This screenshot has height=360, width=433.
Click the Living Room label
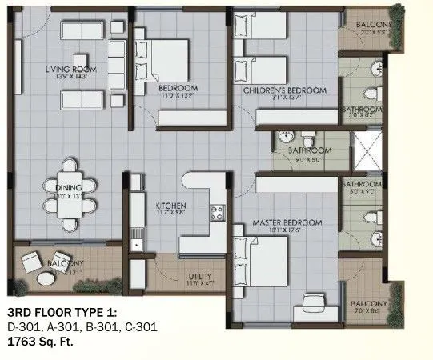(x=70, y=70)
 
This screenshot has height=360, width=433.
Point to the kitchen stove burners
(x=216, y=213)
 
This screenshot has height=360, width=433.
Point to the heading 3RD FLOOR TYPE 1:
(x=62, y=311)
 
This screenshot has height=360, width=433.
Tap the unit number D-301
(x=24, y=326)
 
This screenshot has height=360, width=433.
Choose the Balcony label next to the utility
(x=67, y=264)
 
